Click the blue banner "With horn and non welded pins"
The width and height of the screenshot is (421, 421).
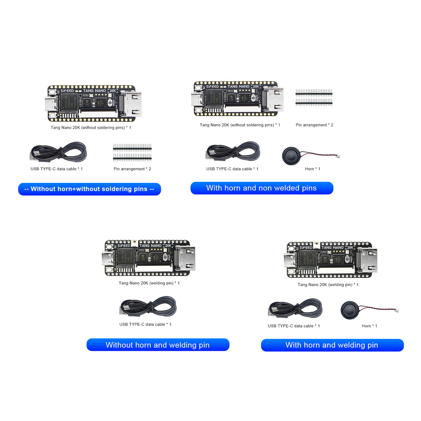[261, 188]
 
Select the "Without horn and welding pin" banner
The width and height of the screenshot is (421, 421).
[157, 345]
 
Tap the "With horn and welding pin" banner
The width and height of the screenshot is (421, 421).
[332, 345]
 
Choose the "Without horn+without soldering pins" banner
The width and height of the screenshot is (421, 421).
[89, 189]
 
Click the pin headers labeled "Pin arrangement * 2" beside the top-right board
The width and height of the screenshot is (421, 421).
[314, 97]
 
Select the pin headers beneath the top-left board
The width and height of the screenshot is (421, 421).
[132, 152]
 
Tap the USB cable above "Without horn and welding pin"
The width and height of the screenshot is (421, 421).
[148, 307]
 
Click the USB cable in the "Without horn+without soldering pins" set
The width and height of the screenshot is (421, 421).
[58, 152]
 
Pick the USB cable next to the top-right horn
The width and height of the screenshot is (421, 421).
[233, 152]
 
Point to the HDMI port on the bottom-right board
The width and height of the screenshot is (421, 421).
[368, 260]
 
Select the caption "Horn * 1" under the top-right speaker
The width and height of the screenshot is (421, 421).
[312, 169]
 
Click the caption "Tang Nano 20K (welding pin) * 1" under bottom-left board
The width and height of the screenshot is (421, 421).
[149, 283]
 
